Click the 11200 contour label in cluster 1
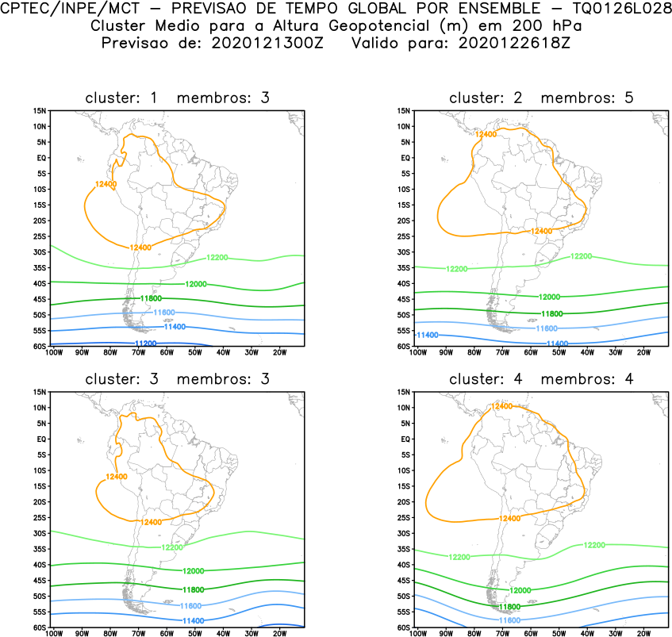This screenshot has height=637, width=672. [x=144, y=343]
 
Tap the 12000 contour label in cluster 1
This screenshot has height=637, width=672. [x=196, y=284]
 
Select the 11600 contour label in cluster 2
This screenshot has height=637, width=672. [x=547, y=328]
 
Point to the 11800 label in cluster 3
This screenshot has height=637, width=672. [x=194, y=589]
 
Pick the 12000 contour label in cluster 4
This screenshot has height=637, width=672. [x=520, y=590]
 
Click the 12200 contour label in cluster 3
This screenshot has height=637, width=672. [x=173, y=547]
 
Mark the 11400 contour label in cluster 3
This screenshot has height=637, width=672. [x=194, y=620]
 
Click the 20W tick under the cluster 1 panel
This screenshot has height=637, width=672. [x=278, y=352]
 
